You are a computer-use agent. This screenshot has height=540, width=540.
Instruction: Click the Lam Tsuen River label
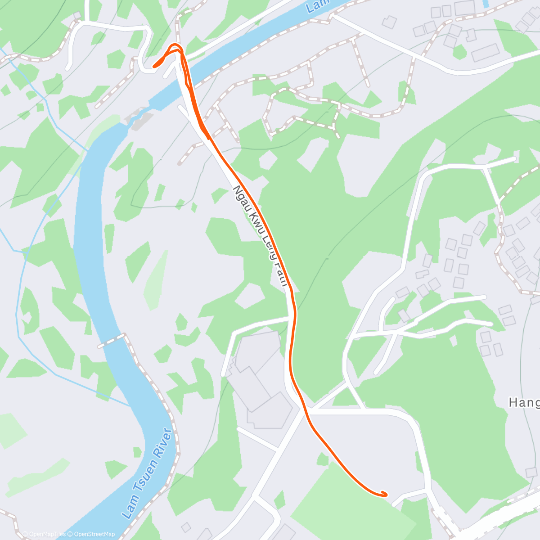coord(148,473)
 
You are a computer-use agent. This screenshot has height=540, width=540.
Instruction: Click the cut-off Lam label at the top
coord(317,6)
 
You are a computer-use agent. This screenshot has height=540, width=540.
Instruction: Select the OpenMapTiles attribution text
coord(44,534)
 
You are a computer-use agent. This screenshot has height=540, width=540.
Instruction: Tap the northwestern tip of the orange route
coord(154,66)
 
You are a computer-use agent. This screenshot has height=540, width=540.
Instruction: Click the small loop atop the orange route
coord(175,48)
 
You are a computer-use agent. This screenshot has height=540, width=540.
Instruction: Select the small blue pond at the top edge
coord(485,4)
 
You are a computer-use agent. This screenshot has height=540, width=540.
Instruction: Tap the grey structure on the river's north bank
coord(140,118)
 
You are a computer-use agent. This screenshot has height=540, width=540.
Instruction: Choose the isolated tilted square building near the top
coord(390,21)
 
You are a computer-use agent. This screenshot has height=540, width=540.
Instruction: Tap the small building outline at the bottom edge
coord(186,527)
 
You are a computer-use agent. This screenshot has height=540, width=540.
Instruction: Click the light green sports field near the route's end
coord(355,504)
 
